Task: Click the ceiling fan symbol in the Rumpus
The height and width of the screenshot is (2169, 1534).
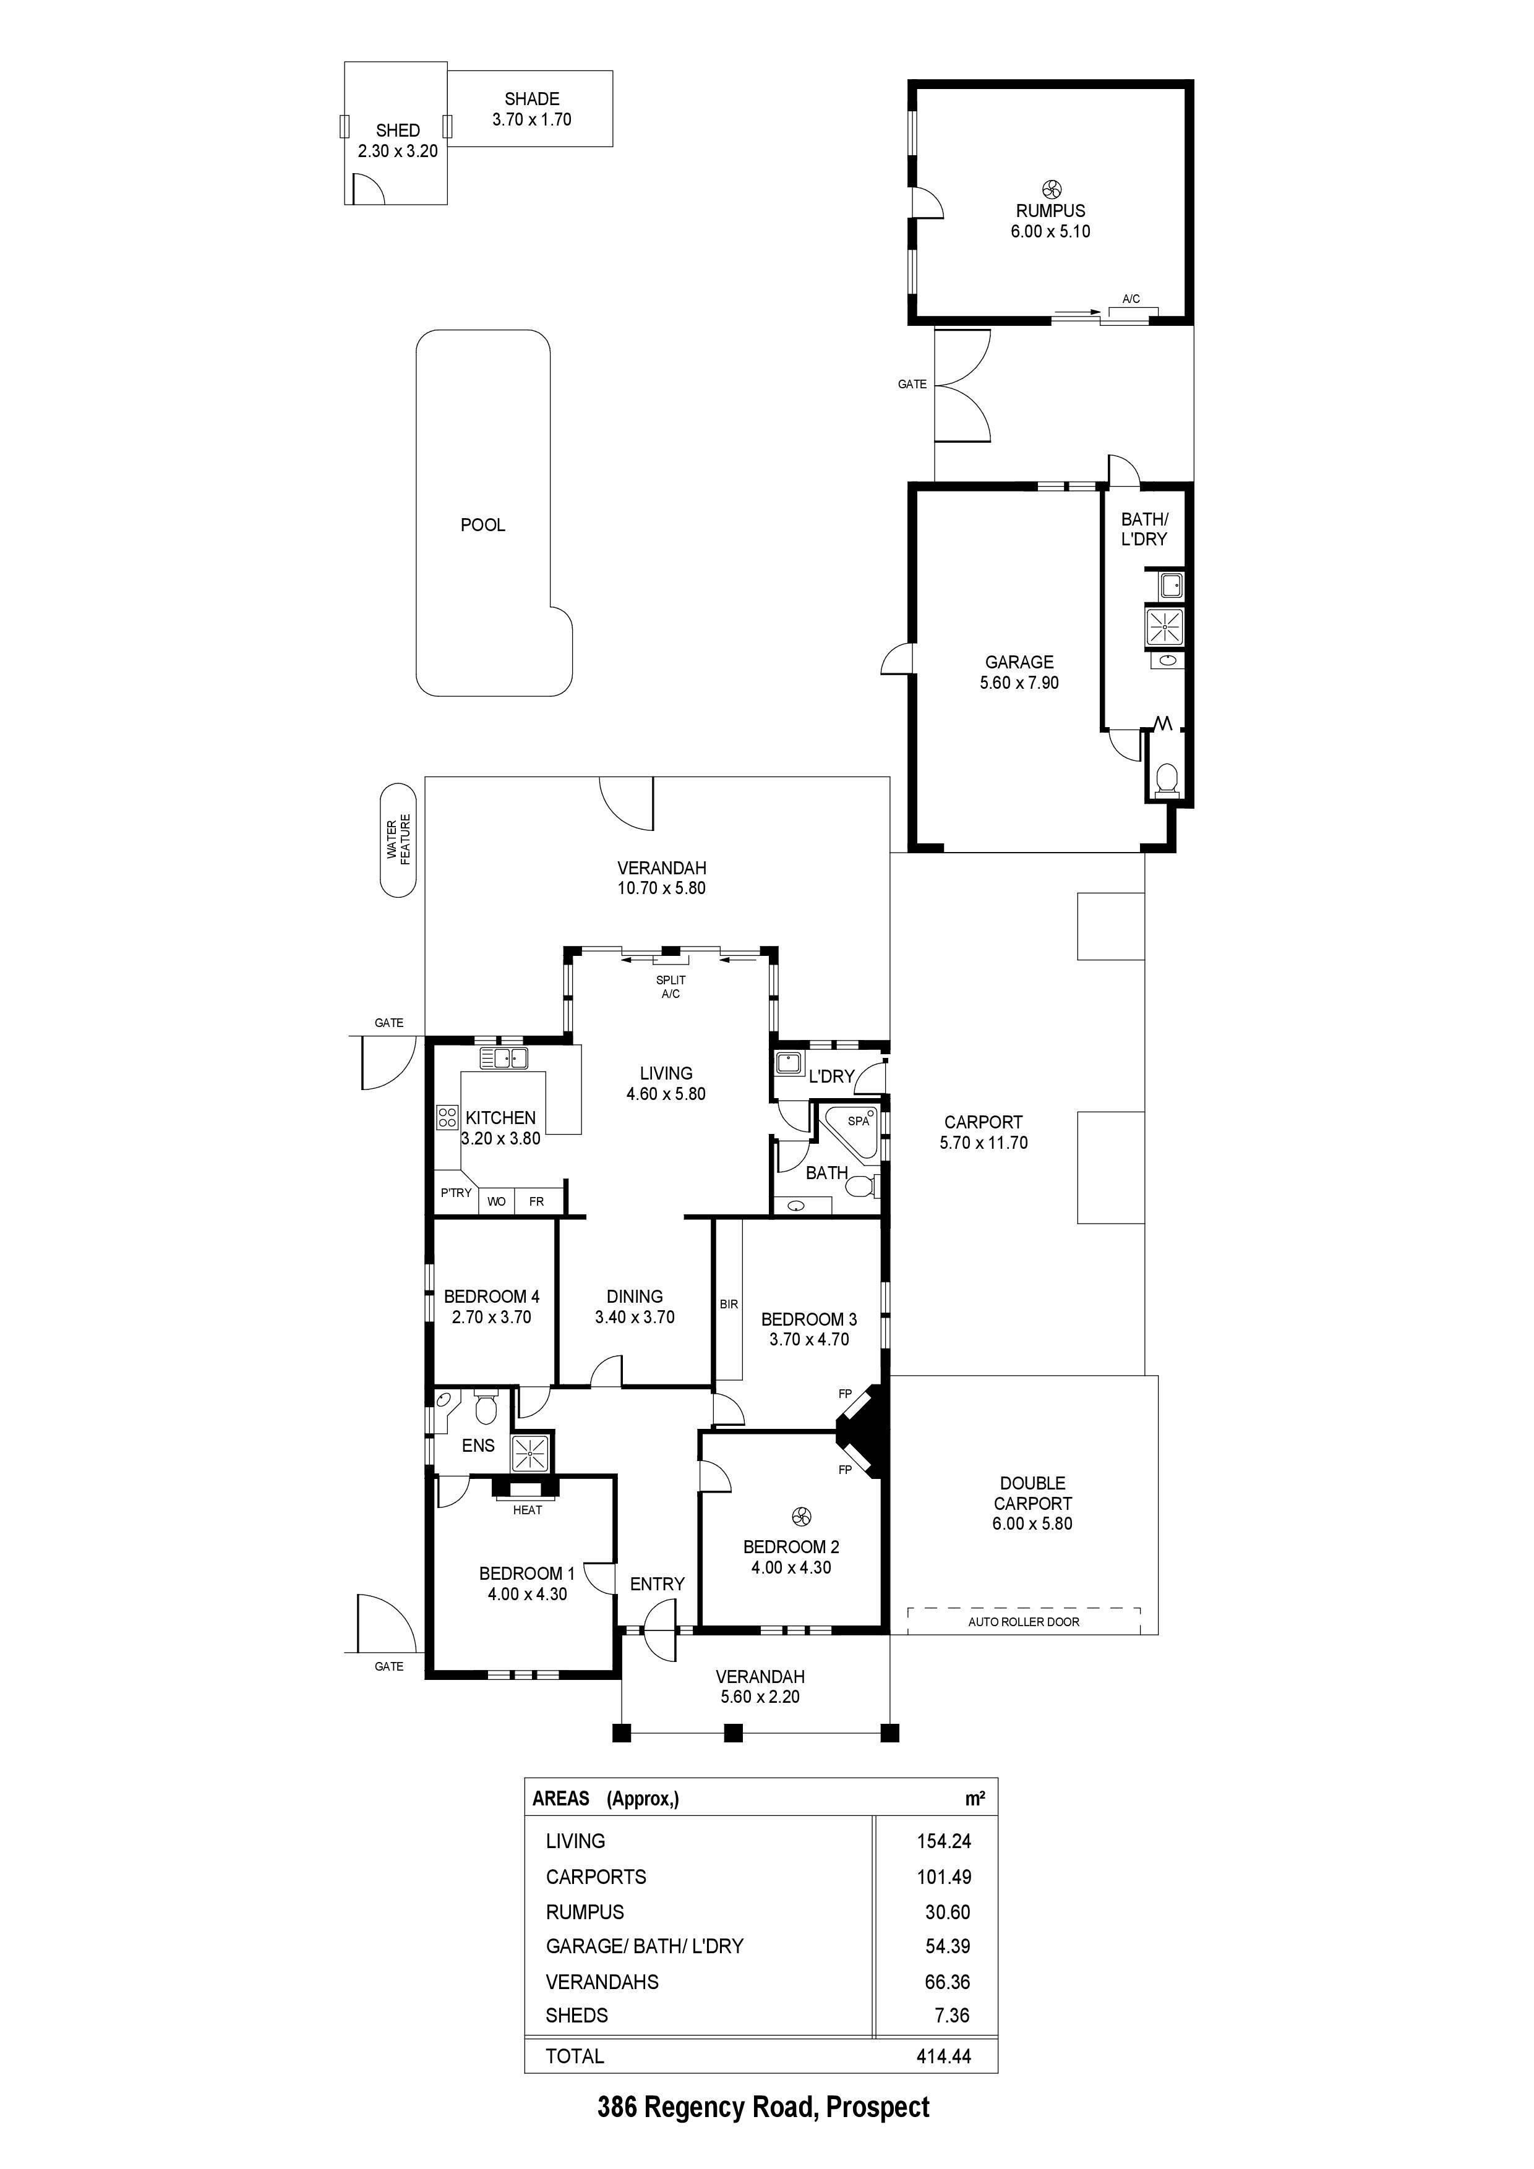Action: coord(1050,189)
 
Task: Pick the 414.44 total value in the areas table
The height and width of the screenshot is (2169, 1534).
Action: coord(943,2056)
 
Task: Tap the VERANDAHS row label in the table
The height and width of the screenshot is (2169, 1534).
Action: coord(601,1982)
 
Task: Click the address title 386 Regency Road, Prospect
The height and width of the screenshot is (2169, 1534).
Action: coord(763,2108)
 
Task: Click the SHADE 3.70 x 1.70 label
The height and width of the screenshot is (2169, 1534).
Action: coord(531,109)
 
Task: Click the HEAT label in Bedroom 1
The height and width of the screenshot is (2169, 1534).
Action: coord(528,1510)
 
